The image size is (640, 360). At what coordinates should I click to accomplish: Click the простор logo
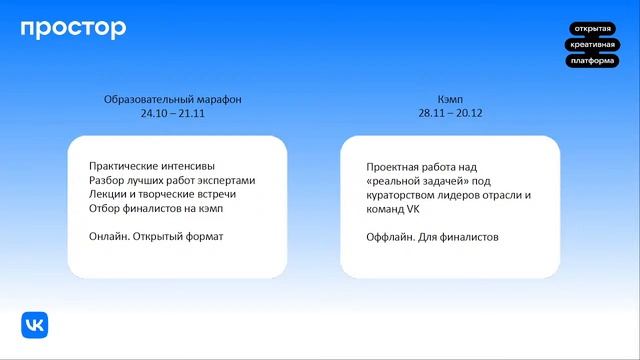[73, 29]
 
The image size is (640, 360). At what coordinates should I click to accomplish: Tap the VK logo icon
[35, 325]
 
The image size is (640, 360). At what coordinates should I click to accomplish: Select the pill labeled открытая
[593, 29]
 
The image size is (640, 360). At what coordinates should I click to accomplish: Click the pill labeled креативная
[593, 45]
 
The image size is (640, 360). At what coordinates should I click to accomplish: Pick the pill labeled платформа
[593, 61]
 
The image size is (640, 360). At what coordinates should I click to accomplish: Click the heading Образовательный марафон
[173, 100]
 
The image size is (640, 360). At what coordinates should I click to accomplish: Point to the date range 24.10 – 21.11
[173, 115]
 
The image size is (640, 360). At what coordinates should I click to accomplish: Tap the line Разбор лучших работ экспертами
[172, 180]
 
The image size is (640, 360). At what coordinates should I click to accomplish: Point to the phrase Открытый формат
[181, 237]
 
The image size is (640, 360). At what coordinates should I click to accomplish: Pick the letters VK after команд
[411, 211]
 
